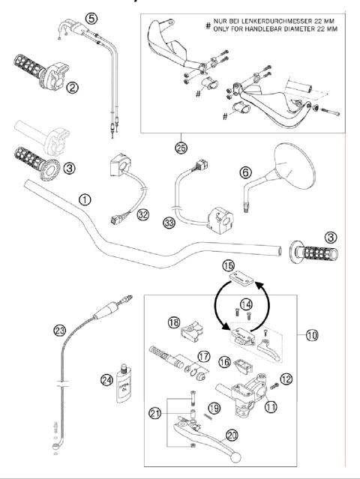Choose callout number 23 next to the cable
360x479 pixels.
click(58, 329)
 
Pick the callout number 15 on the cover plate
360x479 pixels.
click(228, 266)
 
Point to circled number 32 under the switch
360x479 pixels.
click(142, 214)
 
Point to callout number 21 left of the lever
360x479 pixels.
click(154, 413)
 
